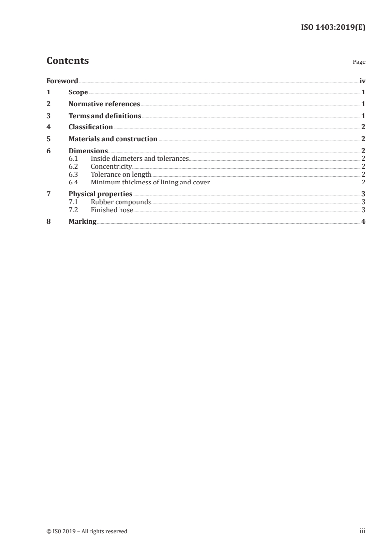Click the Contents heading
[x=67, y=61]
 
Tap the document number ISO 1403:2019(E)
[x=333, y=27]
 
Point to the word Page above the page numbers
[x=359, y=62]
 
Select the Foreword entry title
[x=62, y=81]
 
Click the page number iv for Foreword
[x=362, y=81]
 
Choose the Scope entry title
[x=78, y=92]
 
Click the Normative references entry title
[x=104, y=104]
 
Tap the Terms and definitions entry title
[x=105, y=116]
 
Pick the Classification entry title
[x=90, y=127]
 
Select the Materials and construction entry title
[x=113, y=139]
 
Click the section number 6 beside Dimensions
[x=48, y=151]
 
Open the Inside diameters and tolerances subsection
[x=140, y=159]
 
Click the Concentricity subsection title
[x=112, y=167]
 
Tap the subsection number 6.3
[x=73, y=175]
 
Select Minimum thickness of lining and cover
[x=150, y=183]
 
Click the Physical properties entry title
[x=100, y=194]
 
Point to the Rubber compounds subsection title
[x=121, y=202]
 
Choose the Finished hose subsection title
[x=112, y=210]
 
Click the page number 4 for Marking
[x=363, y=222]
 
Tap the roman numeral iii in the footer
[x=362, y=531]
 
